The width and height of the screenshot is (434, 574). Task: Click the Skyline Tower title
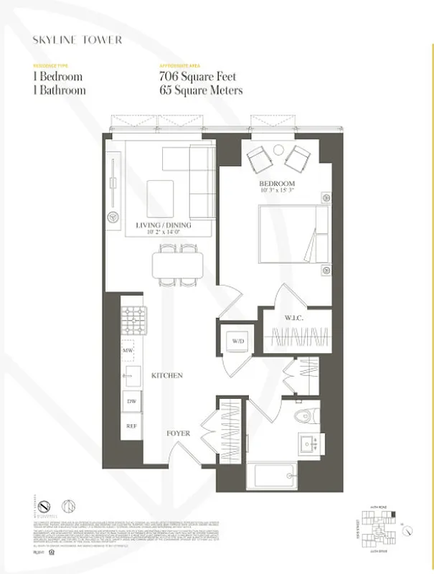point(76,40)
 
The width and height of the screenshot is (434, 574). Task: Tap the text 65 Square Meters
point(201,90)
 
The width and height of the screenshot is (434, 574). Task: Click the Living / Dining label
point(174,225)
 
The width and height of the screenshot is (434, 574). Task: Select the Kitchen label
point(166,375)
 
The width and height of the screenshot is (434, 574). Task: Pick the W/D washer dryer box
point(237,342)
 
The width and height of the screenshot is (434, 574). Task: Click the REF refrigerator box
point(131,425)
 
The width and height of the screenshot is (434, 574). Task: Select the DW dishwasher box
point(131,401)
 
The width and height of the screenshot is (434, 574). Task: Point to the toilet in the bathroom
point(308,415)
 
